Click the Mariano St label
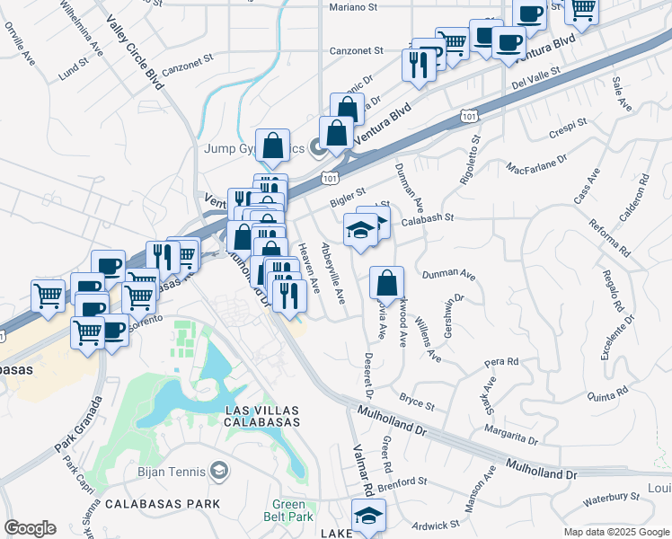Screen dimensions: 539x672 click(x=351, y=7)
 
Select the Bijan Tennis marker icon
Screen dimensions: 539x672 click(x=218, y=471)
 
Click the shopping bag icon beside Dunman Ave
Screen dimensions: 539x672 click(x=385, y=283)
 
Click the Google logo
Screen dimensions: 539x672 click(x=30, y=527)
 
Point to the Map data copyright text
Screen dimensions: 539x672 click(x=615, y=532)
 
